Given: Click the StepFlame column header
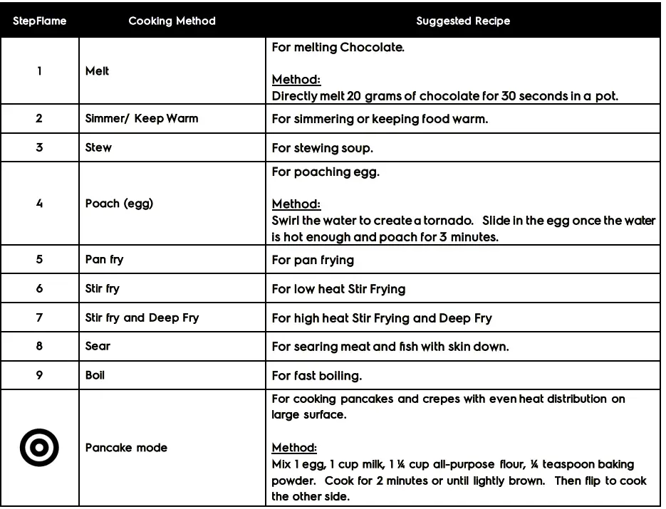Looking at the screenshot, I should click(x=39, y=21).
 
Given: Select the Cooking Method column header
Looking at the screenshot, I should click(x=172, y=21).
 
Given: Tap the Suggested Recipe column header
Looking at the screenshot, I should click(x=463, y=21).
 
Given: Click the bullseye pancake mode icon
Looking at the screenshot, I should click(x=39, y=447).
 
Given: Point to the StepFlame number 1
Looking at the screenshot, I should click(x=39, y=71).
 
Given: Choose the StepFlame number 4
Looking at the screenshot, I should click(x=39, y=203).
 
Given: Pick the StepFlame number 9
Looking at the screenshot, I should click(x=39, y=374).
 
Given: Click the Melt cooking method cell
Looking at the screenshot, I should click(x=98, y=71).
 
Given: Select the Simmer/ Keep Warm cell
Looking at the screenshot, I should click(x=142, y=118).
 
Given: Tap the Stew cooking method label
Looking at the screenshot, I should click(x=98, y=147).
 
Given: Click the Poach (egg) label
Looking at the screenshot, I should click(x=119, y=203).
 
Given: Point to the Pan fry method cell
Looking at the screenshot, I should click(x=104, y=259).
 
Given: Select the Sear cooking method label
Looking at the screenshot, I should click(x=98, y=346).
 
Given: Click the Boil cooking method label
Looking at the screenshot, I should click(x=95, y=374).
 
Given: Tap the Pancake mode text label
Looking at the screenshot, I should click(x=126, y=447).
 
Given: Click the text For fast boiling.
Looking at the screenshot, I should click(x=316, y=375).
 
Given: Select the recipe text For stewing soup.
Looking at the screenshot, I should click(x=323, y=148).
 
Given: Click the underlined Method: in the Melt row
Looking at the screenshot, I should click(x=296, y=80).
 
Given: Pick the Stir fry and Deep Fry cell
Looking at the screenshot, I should click(x=142, y=318).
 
